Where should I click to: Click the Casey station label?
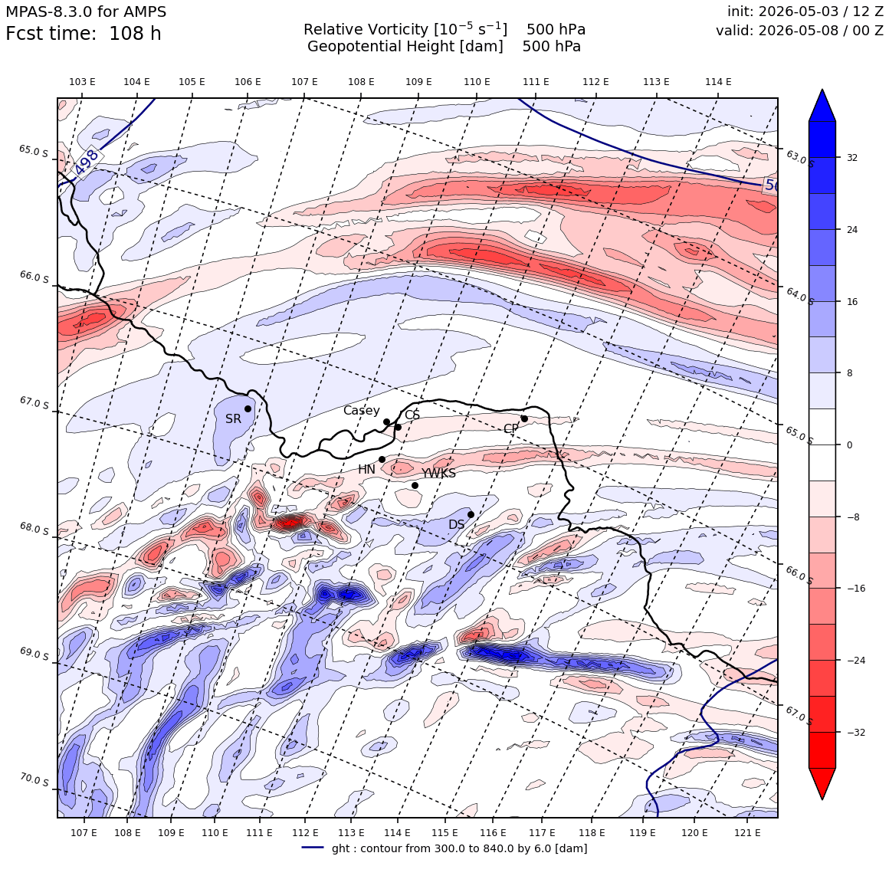(361, 411)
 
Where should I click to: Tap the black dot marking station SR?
(248, 408)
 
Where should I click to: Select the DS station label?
(457, 524)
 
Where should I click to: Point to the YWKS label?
(438, 474)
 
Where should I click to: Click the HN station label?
(366, 470)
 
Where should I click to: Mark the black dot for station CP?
(524, 419)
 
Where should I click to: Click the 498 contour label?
(87, 162)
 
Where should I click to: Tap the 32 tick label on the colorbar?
(852, 158)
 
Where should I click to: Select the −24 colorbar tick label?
(856, 661)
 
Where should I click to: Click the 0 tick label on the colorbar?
(849, 445)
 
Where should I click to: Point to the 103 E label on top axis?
(82, 82)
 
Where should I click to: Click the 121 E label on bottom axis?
(747, 832)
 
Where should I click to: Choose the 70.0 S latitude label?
(34, 780)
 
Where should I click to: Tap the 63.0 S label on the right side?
(799, 158)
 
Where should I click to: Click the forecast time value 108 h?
(135, 34)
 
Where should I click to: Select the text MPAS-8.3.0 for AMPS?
(86, 11)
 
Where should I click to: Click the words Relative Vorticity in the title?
(366, 29)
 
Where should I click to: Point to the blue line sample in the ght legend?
(313, 848)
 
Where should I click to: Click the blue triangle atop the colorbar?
(822, 105)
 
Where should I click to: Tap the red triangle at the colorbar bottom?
(822, 783)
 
